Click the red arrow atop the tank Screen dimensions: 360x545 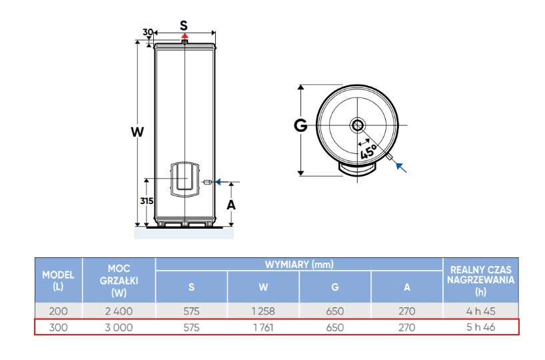185,37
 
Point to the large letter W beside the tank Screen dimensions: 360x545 137,132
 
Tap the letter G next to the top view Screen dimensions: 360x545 300,125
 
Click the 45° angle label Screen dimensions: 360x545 368,149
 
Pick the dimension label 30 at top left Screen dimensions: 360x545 149,32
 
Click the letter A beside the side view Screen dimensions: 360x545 231,205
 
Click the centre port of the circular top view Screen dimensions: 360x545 358,125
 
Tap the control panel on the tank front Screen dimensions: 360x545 185,179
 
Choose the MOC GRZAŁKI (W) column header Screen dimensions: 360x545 119,281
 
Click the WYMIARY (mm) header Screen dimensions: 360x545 299,265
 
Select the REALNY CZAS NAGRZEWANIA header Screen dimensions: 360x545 481,281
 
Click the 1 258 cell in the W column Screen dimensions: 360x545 263,311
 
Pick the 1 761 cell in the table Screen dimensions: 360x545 263,327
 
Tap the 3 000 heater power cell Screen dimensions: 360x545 119,327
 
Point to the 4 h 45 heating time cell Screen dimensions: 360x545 481,311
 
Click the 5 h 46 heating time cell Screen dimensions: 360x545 481,327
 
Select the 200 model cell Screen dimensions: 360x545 58,311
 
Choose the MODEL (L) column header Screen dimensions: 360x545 58,281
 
